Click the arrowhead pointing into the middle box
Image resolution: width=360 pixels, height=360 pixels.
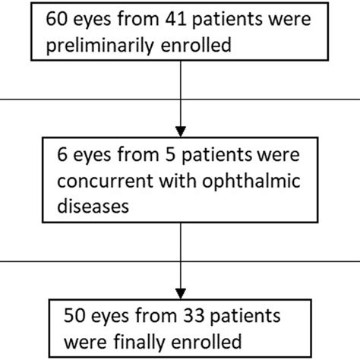tap(181, 127)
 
